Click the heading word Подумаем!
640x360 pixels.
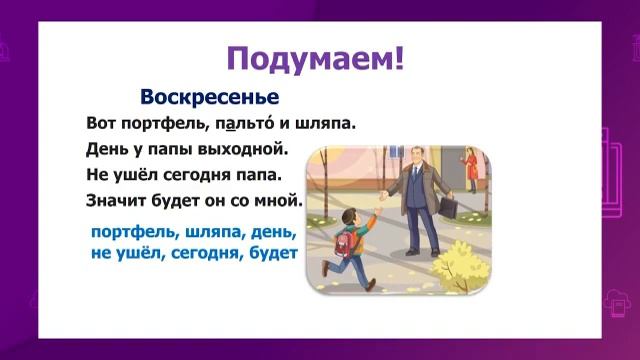click(316, 57)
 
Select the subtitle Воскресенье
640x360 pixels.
click(209, 98)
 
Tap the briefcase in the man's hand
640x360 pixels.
click(448, 208)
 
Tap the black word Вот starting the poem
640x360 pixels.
click(101, 126)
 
